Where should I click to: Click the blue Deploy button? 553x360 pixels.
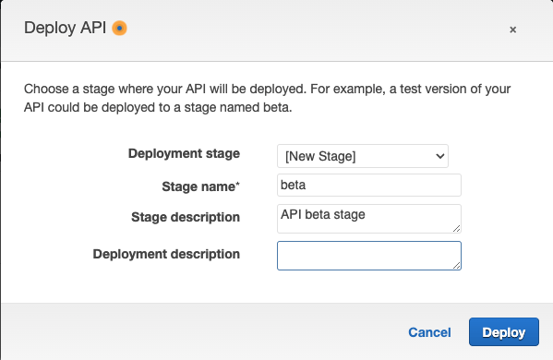coord(503,332)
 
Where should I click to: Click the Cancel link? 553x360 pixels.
coord(429,332)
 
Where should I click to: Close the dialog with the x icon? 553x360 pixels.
coord(512,30)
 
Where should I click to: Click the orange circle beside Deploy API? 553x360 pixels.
coord(119,28)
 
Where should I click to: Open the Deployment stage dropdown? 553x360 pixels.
coord(362,156)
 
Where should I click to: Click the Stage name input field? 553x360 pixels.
coord(368,186)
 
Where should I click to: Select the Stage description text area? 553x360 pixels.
coord(368,218)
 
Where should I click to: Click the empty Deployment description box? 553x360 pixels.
coord(368,255)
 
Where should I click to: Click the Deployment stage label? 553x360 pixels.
coord(184,153)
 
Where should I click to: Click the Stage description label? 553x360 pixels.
coord(186,217)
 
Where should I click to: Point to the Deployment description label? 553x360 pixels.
coord(166,253)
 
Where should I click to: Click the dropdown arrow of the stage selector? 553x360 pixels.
coord(440,156)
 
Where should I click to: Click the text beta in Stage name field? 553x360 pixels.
coord(292,186)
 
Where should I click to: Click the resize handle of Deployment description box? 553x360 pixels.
coord(456,265)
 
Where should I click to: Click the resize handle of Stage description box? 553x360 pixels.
coord(456,227)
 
